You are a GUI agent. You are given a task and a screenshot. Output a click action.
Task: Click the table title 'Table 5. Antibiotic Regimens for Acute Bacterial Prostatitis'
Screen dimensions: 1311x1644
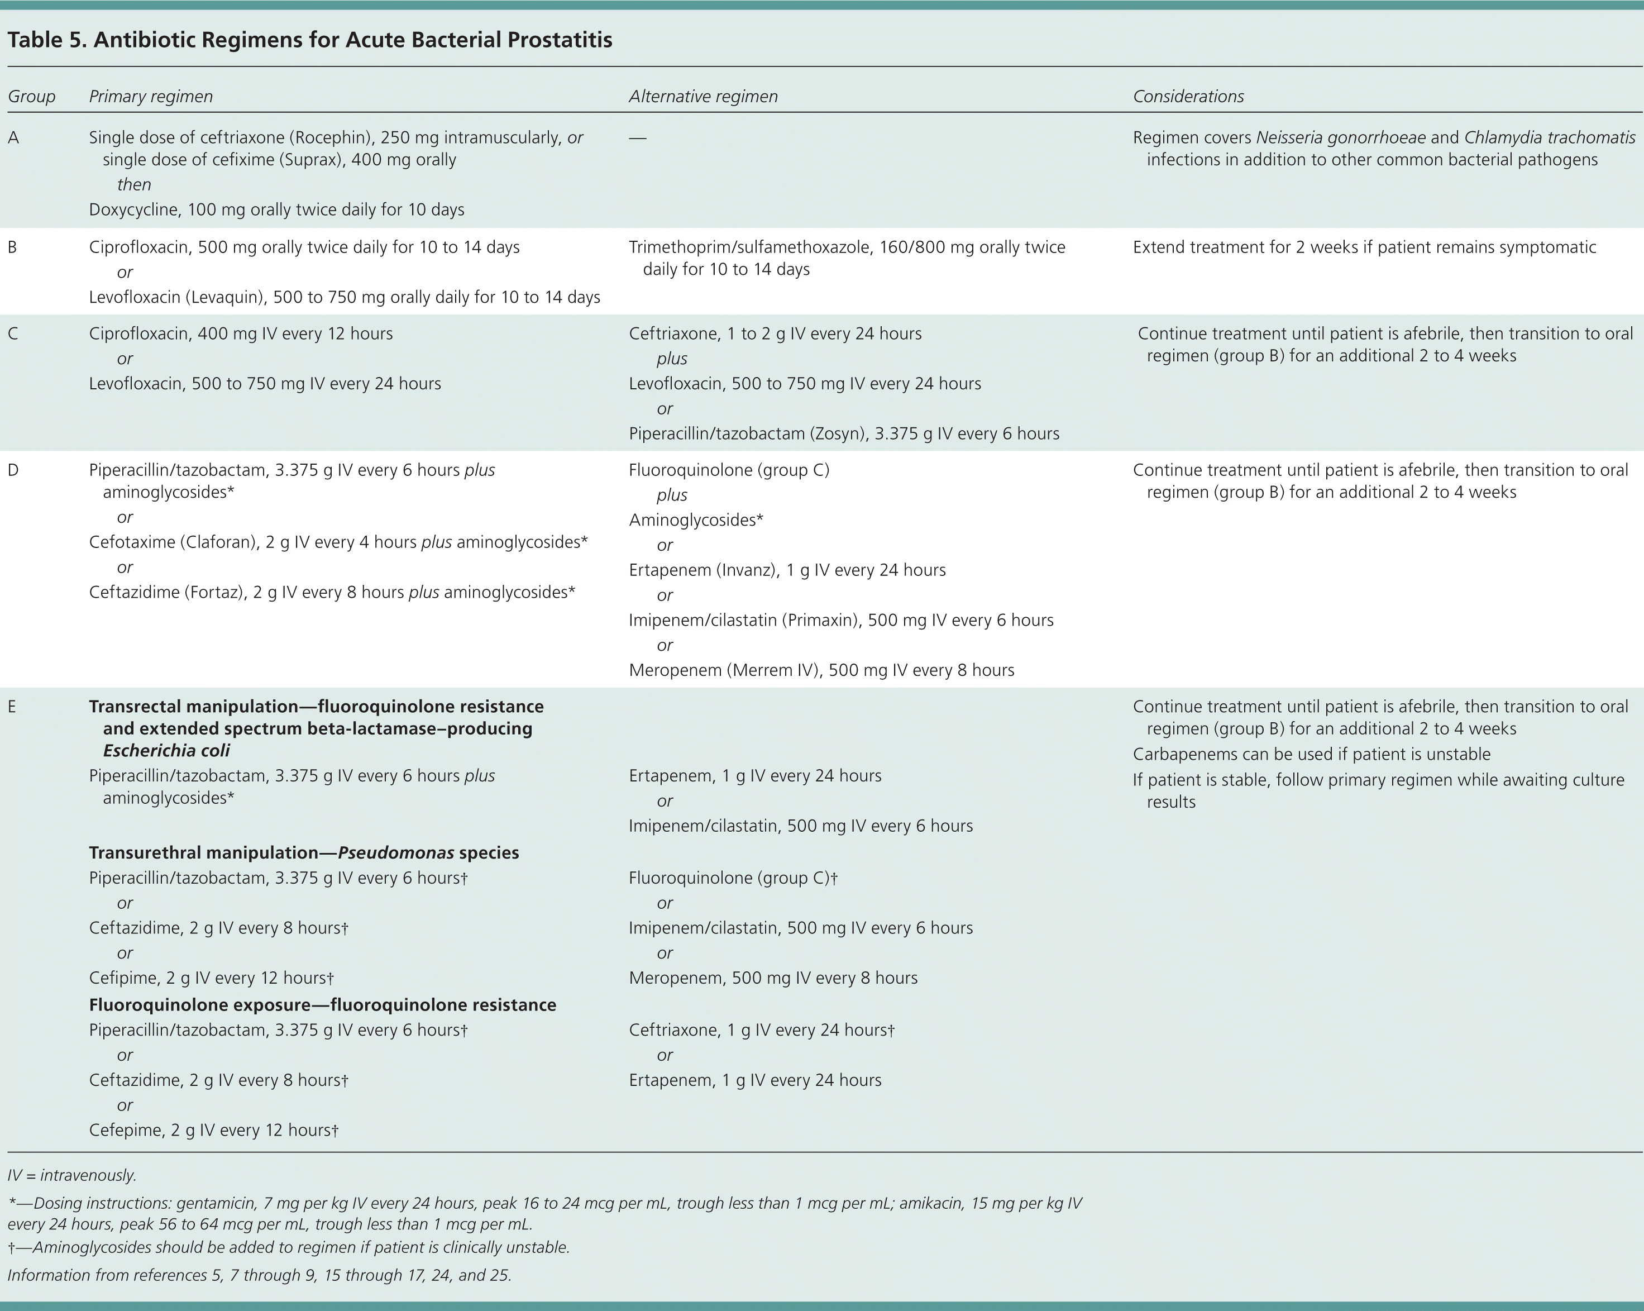click(x=309, y=40)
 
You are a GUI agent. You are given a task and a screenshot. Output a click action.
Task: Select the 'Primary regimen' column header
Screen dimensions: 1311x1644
click(x=150, y=97)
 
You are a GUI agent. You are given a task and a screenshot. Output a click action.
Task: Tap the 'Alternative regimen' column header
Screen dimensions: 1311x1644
click(x=703, y=97)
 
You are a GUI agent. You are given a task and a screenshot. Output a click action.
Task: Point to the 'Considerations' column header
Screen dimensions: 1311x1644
click(x=1188, y=97)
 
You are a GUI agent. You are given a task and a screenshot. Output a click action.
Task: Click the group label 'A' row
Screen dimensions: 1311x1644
click(x=13, y=138)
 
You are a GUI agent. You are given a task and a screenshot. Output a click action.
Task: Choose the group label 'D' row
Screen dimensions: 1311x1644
click(x=13, y=470)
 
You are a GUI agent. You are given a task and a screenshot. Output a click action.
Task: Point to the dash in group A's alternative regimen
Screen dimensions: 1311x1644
click(x=638, y=138)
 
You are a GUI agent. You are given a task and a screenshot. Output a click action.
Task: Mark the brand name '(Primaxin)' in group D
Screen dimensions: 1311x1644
click(x=819, y=621)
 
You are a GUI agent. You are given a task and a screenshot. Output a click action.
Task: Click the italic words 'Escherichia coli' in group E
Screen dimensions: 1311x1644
click(x=166, y=751)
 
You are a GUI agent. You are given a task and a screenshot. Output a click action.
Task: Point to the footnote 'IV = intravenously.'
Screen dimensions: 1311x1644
click(x=71, y=1175)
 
